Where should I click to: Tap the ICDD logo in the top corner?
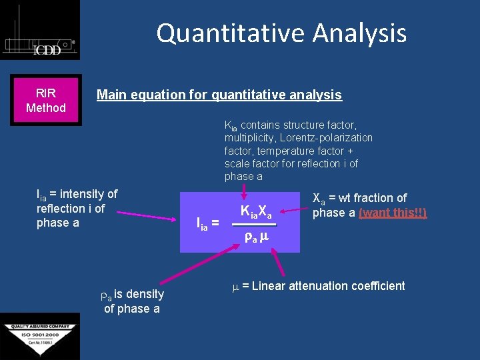tap(40, 30)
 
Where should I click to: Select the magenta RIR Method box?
tap(46, 100)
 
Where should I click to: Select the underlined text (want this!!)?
tap(393, 213)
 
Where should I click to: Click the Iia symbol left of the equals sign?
tap(201, 225)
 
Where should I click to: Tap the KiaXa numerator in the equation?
tap(256, 212)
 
